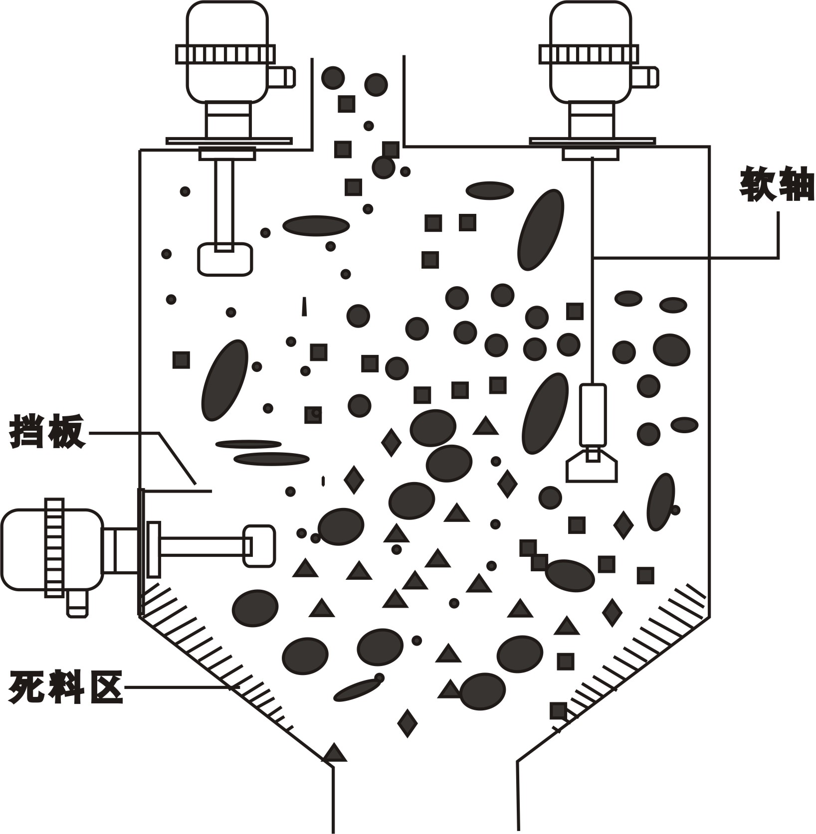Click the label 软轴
pyautogui.click(x=777, y=184)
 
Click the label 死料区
pyautogui.click(x=65, y=687)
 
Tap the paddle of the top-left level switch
pyautogui.click(x=224, y=259)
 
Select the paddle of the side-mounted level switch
pyautogui.click(x=259, y=545)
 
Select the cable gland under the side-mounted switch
pyautogui.click(x=77, y=604)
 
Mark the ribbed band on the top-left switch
pyautogui.click(x=225, y=54)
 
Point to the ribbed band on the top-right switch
pyautogui.click(x=589, y=54)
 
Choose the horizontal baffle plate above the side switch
pyautogui.click(x=177, y=491)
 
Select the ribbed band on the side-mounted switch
pyautogui.click(x=54, y=547)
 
